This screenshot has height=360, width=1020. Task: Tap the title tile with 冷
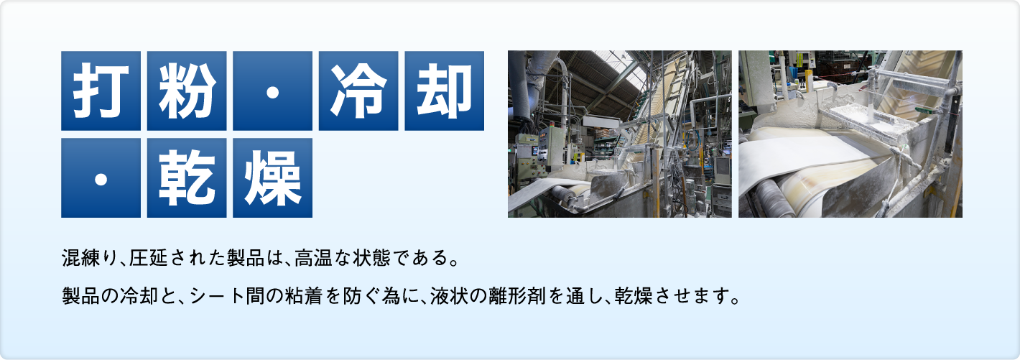coord(358,91)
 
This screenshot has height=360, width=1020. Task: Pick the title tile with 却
coord(445,91)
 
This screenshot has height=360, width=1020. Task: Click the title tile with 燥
coord(272,177)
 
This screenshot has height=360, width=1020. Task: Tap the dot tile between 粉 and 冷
coord(272,91)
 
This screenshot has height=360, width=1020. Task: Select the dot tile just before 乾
coord(101,177)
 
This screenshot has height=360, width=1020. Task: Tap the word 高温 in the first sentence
coord(310,256)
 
